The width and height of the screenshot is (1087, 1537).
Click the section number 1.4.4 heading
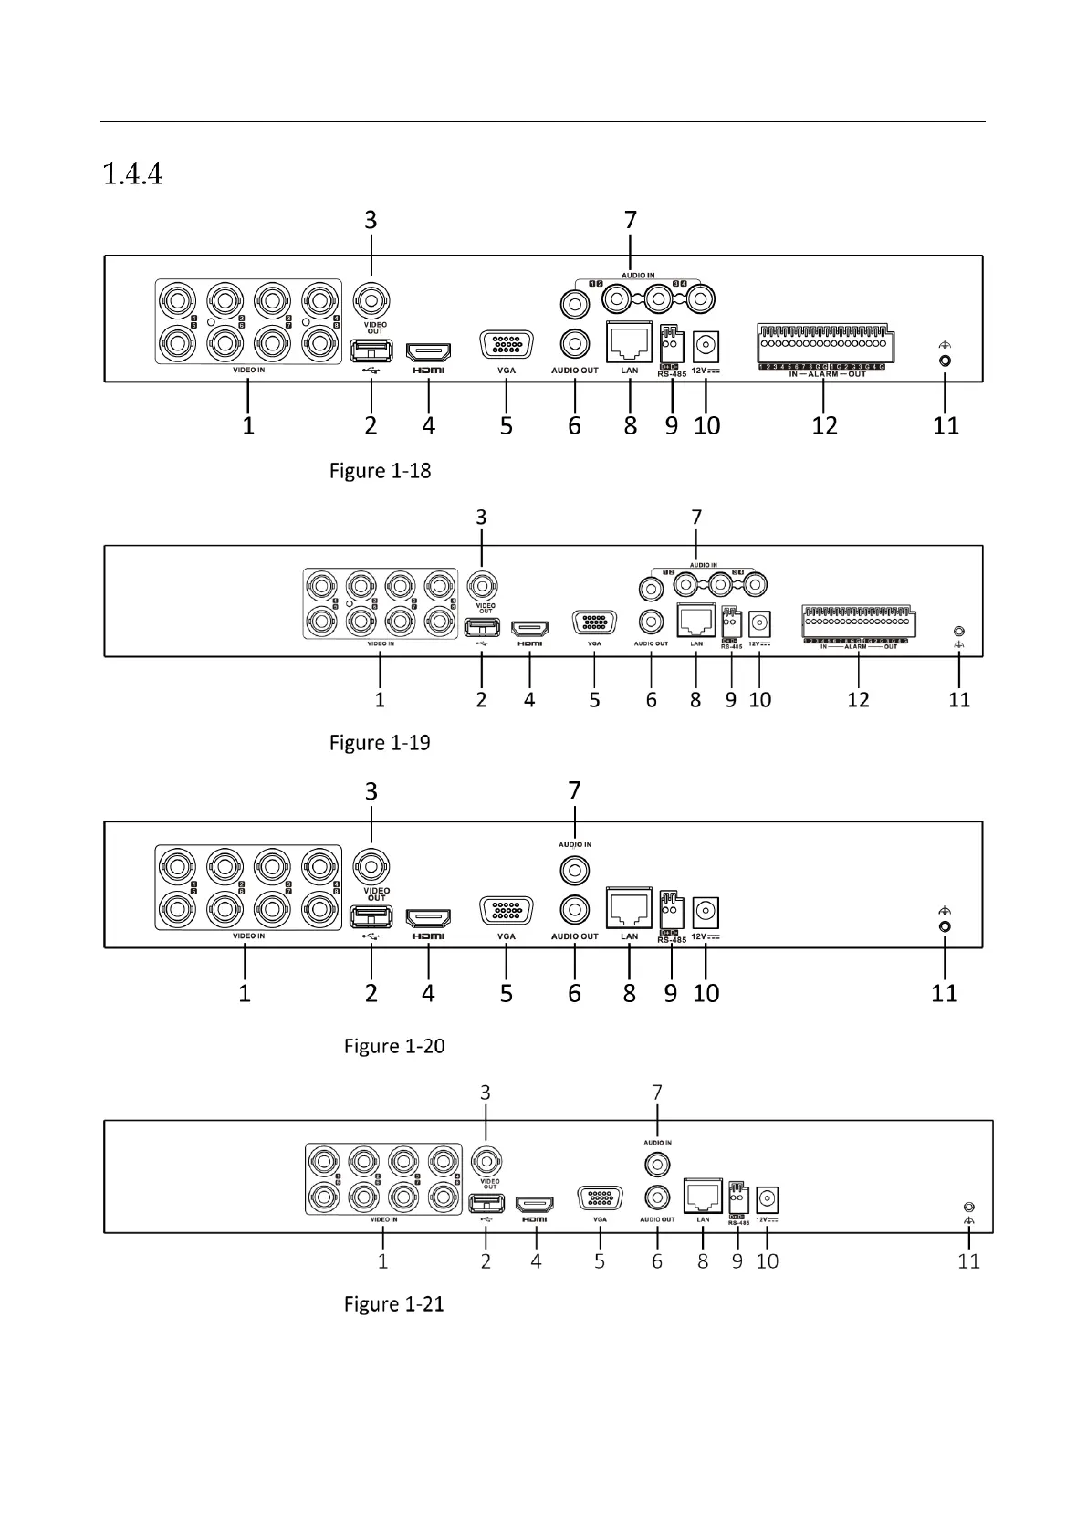pyautogui.click(x=133, y=173)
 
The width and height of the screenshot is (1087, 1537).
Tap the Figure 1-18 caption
pyautogui.click(x=380, y=471)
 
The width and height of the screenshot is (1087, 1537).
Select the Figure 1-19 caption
pyautogui.click(x=380, y=743)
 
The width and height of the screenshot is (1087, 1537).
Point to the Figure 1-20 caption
pyautogui.click(x=394, y=1046)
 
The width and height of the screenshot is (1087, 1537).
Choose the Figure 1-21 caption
pyautogui.click(x=394, y=1304)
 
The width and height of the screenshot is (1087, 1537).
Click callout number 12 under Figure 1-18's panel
pyautogui.click(x=824, y=425)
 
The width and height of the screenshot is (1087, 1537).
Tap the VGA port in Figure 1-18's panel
pyautogui.click(x=507, y=346)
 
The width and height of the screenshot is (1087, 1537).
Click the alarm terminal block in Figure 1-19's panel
pyautogui.click(x=859, y=621)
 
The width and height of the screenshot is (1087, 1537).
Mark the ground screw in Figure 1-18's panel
pyautogui.click(x=946, y=360)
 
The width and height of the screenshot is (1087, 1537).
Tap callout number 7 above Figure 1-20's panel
pyautogui.click(x=574, y=790)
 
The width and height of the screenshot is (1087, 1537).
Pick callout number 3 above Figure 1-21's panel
pyautogui.click(x=486, y=1093)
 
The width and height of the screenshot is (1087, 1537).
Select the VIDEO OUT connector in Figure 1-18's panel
pyautogui.click(x=371, y=299)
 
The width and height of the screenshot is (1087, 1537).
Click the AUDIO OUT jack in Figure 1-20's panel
pyautogui.click(x=574, y=910)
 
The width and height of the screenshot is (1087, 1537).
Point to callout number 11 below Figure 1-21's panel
pyautogui.click(x=968, y=1261)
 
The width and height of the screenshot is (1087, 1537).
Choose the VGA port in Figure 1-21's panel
pyautogui.click(x=600, y=1198)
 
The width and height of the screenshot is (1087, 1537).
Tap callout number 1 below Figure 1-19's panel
pyautogui.click(x=380, y=700)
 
